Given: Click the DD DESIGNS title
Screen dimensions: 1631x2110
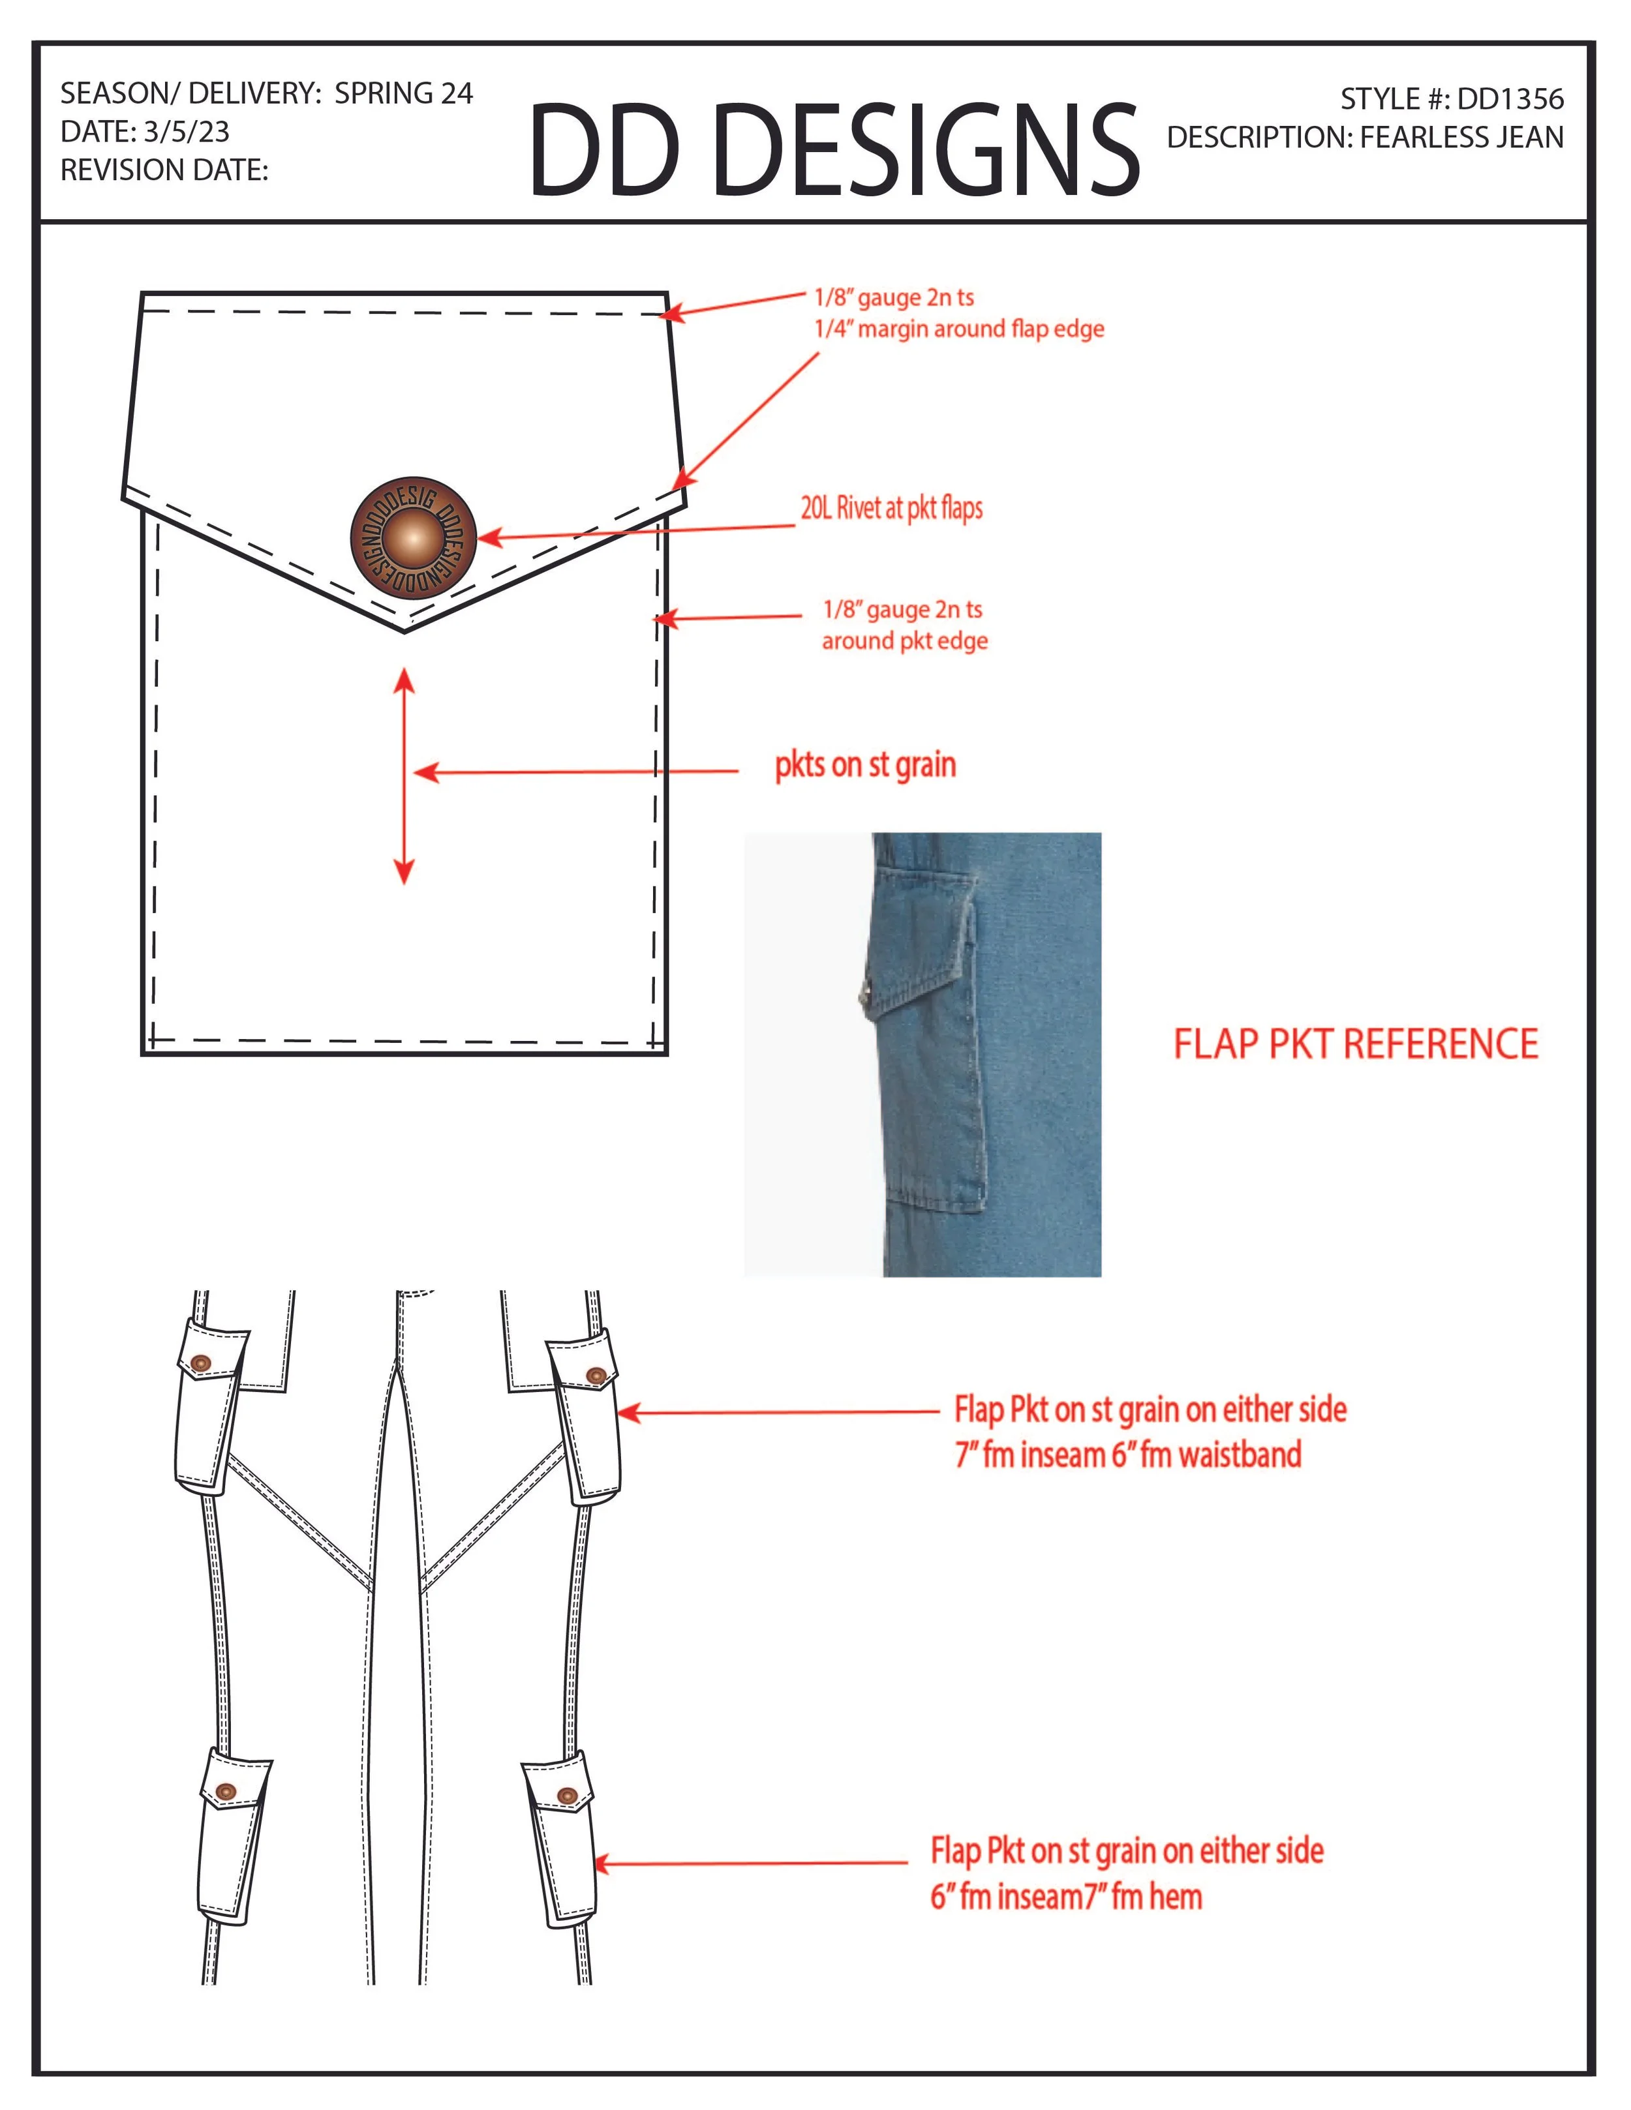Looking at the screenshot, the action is [834, 151].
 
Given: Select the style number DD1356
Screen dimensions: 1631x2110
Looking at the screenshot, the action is [1509, 98].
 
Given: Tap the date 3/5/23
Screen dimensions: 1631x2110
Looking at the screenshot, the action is [187, 131].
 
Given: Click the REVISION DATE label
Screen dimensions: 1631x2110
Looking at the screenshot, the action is [164, 170].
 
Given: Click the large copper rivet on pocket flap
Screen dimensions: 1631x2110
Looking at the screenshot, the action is [412, 538].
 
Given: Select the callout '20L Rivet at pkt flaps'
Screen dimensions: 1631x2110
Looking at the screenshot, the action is [891, 508].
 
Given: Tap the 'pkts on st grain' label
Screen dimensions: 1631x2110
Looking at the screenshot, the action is [865, 765].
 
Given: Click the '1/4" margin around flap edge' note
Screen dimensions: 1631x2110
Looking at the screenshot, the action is [958, 329].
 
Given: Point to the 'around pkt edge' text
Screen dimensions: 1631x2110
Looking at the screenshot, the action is [904, 642].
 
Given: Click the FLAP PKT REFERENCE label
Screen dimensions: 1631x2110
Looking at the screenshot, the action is [1354, 1044].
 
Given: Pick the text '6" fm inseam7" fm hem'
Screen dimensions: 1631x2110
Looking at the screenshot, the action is [1066, 1897].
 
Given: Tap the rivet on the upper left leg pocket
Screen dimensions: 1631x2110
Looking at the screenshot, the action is [201, 1363].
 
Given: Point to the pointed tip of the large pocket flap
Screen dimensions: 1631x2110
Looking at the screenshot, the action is [404, 631].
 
